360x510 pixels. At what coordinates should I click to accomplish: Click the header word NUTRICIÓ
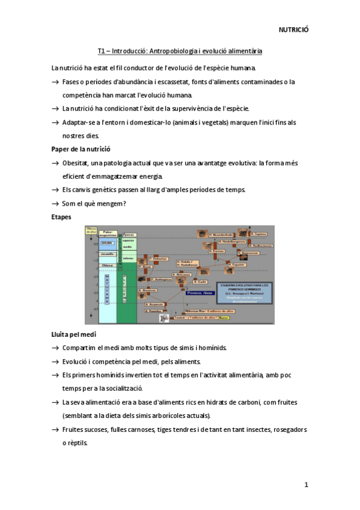pyautogui.click(x=293, y=29)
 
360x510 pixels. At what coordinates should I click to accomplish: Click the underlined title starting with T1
pyautogui.click(x=180, y=51)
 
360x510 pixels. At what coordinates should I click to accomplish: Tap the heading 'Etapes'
pyautogui.click(x=62, y=218)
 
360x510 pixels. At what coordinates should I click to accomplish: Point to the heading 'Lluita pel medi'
pyautogui.click(x=75, y=334)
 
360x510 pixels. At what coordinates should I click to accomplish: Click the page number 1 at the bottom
pyautogui.click(x=306, y=485)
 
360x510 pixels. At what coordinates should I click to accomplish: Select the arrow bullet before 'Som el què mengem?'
pyautogui.click(x=55, y=204)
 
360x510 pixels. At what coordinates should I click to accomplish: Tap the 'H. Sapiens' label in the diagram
pyautogui.click(x=259, y=234)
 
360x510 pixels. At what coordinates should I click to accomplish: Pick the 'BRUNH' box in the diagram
pyautogui.click(x=107, y=243)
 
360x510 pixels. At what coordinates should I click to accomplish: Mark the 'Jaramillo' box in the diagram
pyautogui.click(x=107, y=254)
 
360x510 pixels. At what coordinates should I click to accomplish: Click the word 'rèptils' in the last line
pyautogui.click(x=76, y=443)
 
